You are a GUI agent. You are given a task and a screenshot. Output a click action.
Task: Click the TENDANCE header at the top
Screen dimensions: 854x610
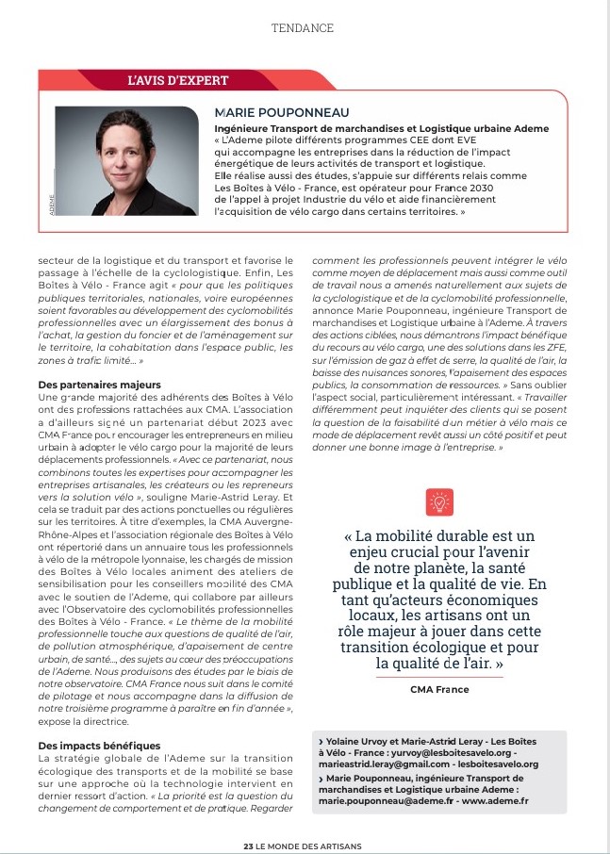[x=303, y=28]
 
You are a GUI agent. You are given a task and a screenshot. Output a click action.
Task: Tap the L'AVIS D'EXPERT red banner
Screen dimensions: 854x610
[x=178, y=81]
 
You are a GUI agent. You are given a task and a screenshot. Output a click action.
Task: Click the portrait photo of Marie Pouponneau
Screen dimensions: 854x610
[x=126, y=160]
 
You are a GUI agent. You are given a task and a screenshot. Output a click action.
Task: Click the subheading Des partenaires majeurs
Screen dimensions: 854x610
[x=100, y=385]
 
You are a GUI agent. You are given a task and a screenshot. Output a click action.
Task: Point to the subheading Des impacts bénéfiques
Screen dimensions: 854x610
[x=100, y=746]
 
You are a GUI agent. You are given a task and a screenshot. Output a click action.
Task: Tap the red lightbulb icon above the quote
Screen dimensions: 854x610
[x=438, y=501]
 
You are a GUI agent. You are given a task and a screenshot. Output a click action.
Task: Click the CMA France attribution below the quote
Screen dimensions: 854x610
[x=438, y=689]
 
